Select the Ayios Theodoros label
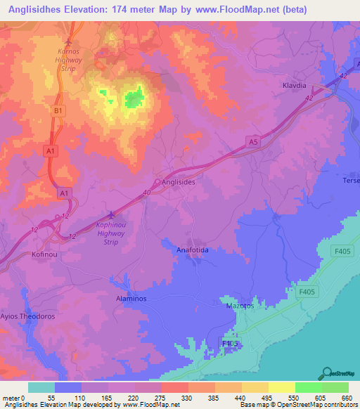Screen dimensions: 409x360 pyautogui.click(x=29, y=316)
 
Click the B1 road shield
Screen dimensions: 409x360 pyautogui.click(x=58, y=111)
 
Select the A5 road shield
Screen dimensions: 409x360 pyautogui.click(x=252, y=141)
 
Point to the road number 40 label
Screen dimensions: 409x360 pyautogui.click(x=146, y=193)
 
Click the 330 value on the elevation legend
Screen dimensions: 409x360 pyautogui.click(x=188, y=398)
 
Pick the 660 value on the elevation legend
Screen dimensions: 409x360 pyautogui.click(x=347, y=398)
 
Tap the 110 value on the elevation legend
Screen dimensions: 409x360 pyautogui.click(x=82, y=398)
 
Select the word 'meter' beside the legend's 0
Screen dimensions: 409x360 pyautogui.click(x=12, y=398)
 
